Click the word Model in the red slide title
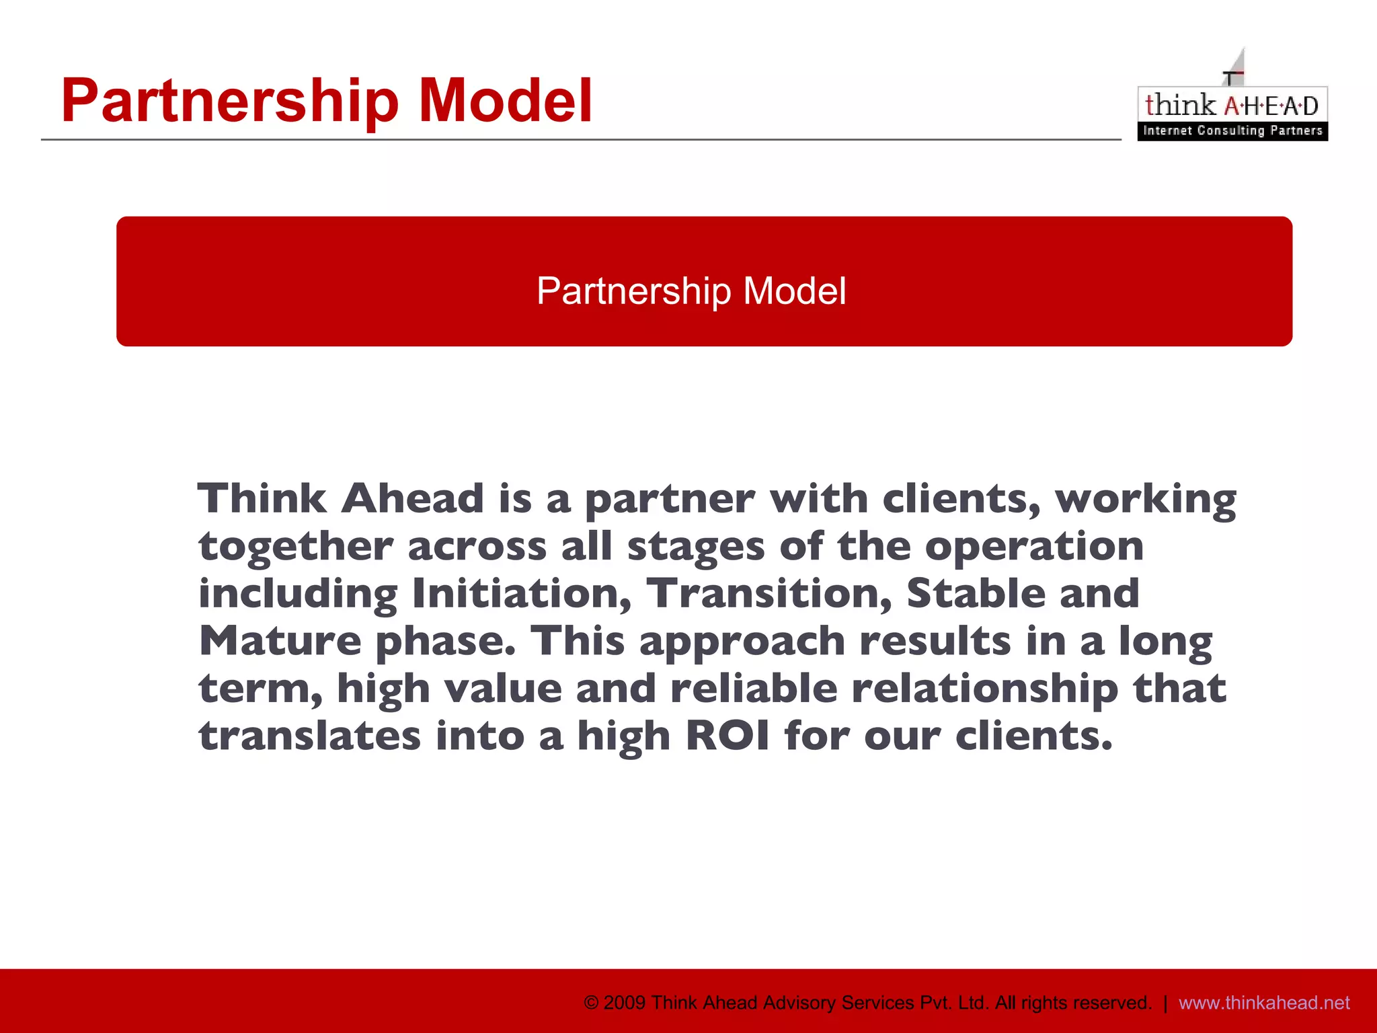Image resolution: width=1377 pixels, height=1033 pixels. pyautogui.click(x=505, y=101)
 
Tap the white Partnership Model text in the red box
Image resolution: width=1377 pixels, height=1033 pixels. pyautogui.click(x=691, y=291)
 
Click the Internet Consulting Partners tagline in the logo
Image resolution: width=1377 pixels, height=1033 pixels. pyautogui.click(x=1232, y=130)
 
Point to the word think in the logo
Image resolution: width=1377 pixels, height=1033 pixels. pyautogui.click(x=1180, y=105)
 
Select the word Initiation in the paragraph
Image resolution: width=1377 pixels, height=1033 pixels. pyautogui.click(x=522, y=593)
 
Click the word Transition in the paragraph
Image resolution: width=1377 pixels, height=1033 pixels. pyautogui.click(x=769, y=593)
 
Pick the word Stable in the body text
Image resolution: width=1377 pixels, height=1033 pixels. pyautogui.click(x=976, y=593)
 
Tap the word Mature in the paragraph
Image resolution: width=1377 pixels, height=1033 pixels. pyautogui.click(x=280, y=641)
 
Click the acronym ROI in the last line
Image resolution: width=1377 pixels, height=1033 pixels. pyautogui.click(x=727, y=736)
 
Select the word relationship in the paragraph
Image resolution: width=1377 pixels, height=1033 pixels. pyautogui.click(x=985, y=689)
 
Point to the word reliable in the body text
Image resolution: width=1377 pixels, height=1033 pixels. pyautogui.click(x=754, y=689)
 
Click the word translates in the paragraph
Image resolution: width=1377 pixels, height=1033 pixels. pyautogui.click(x=310, y=736)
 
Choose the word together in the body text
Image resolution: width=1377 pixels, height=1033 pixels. pyautogui.click(x=296, y=546)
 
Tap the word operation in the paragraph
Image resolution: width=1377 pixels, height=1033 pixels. pyautogui.click(x=1034, y=547)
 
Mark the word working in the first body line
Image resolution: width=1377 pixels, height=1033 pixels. pyautogui.click(x=1146, y=500)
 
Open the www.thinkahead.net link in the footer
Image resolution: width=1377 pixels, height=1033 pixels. pyautogui.click(x=1264, y=1003)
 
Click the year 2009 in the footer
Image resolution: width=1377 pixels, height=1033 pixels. pyautogui.click(x=625, y=1003)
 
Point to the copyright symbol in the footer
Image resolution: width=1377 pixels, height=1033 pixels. pyautogui.click(x=591, y=1003)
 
